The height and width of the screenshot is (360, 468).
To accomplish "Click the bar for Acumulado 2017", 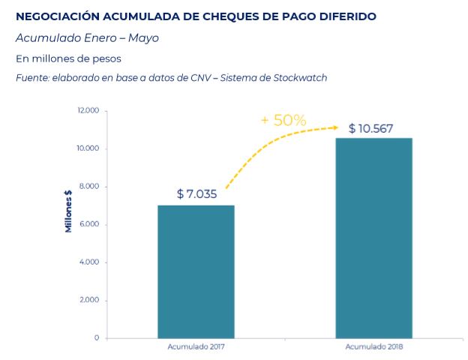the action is click(x=196, y=271).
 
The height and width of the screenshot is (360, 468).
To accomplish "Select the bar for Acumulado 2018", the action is click(x=374, y=238).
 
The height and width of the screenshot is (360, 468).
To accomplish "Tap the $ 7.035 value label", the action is click(x=196, y=194).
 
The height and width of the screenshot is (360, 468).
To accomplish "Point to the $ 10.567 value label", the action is click(x=370, y=128).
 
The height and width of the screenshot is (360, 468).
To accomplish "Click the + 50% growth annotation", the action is click(x=283, y=120).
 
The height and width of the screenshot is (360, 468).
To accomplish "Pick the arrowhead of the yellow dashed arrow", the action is click(x=336, y=127).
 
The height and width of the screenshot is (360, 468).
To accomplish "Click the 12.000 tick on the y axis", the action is click(x=88, y=110).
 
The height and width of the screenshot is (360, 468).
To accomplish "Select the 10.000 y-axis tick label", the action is click(x=88, y=148).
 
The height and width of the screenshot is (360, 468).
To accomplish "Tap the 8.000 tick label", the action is click(x=89, y=186).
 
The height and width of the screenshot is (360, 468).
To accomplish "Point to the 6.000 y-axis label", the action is click(x=89, y=224).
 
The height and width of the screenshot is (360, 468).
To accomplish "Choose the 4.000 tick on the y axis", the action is click(x=89, y=262).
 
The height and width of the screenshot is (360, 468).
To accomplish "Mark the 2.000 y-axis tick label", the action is click(x=89, y=300).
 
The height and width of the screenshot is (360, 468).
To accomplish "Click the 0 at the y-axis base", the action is click(x=97, y=338).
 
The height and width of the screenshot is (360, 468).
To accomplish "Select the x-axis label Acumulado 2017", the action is click(x=196, y=346).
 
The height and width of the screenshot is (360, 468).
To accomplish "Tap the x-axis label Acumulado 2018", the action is click(x=374, y=346).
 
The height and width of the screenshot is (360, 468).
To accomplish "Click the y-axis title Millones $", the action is click(x=69, y=211).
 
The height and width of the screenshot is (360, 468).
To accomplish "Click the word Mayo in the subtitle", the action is click(x=143, y=38).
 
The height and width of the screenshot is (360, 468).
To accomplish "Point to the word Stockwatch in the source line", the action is click(x=300, y=78).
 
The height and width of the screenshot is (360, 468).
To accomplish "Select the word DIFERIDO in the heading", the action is click(x=348, y=16).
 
